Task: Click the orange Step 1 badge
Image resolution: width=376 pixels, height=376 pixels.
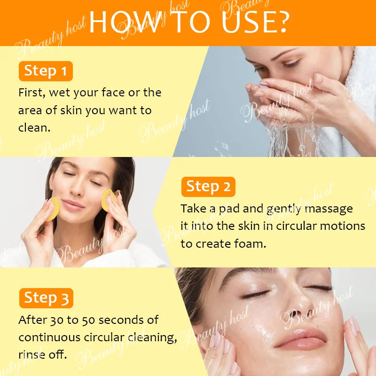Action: (x=46, y=71)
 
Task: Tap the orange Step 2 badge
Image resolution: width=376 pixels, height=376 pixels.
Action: (x=208, y=187)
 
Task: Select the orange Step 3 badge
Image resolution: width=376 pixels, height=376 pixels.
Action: (x=46, y=298)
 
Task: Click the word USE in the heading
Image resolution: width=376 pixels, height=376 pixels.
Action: (x=247, y=21)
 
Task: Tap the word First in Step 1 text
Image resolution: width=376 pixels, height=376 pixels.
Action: (x=31, y=93)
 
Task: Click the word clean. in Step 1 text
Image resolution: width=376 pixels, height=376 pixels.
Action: (x=34, y=128)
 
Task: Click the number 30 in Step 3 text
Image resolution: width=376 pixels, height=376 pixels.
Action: (x=57, y=320)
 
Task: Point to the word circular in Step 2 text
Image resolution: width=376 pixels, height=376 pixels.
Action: (x=297, y=226)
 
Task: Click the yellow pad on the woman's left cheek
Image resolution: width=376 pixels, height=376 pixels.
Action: (x=109, y=201)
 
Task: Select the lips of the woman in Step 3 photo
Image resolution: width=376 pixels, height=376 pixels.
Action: (x=300, y=337)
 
